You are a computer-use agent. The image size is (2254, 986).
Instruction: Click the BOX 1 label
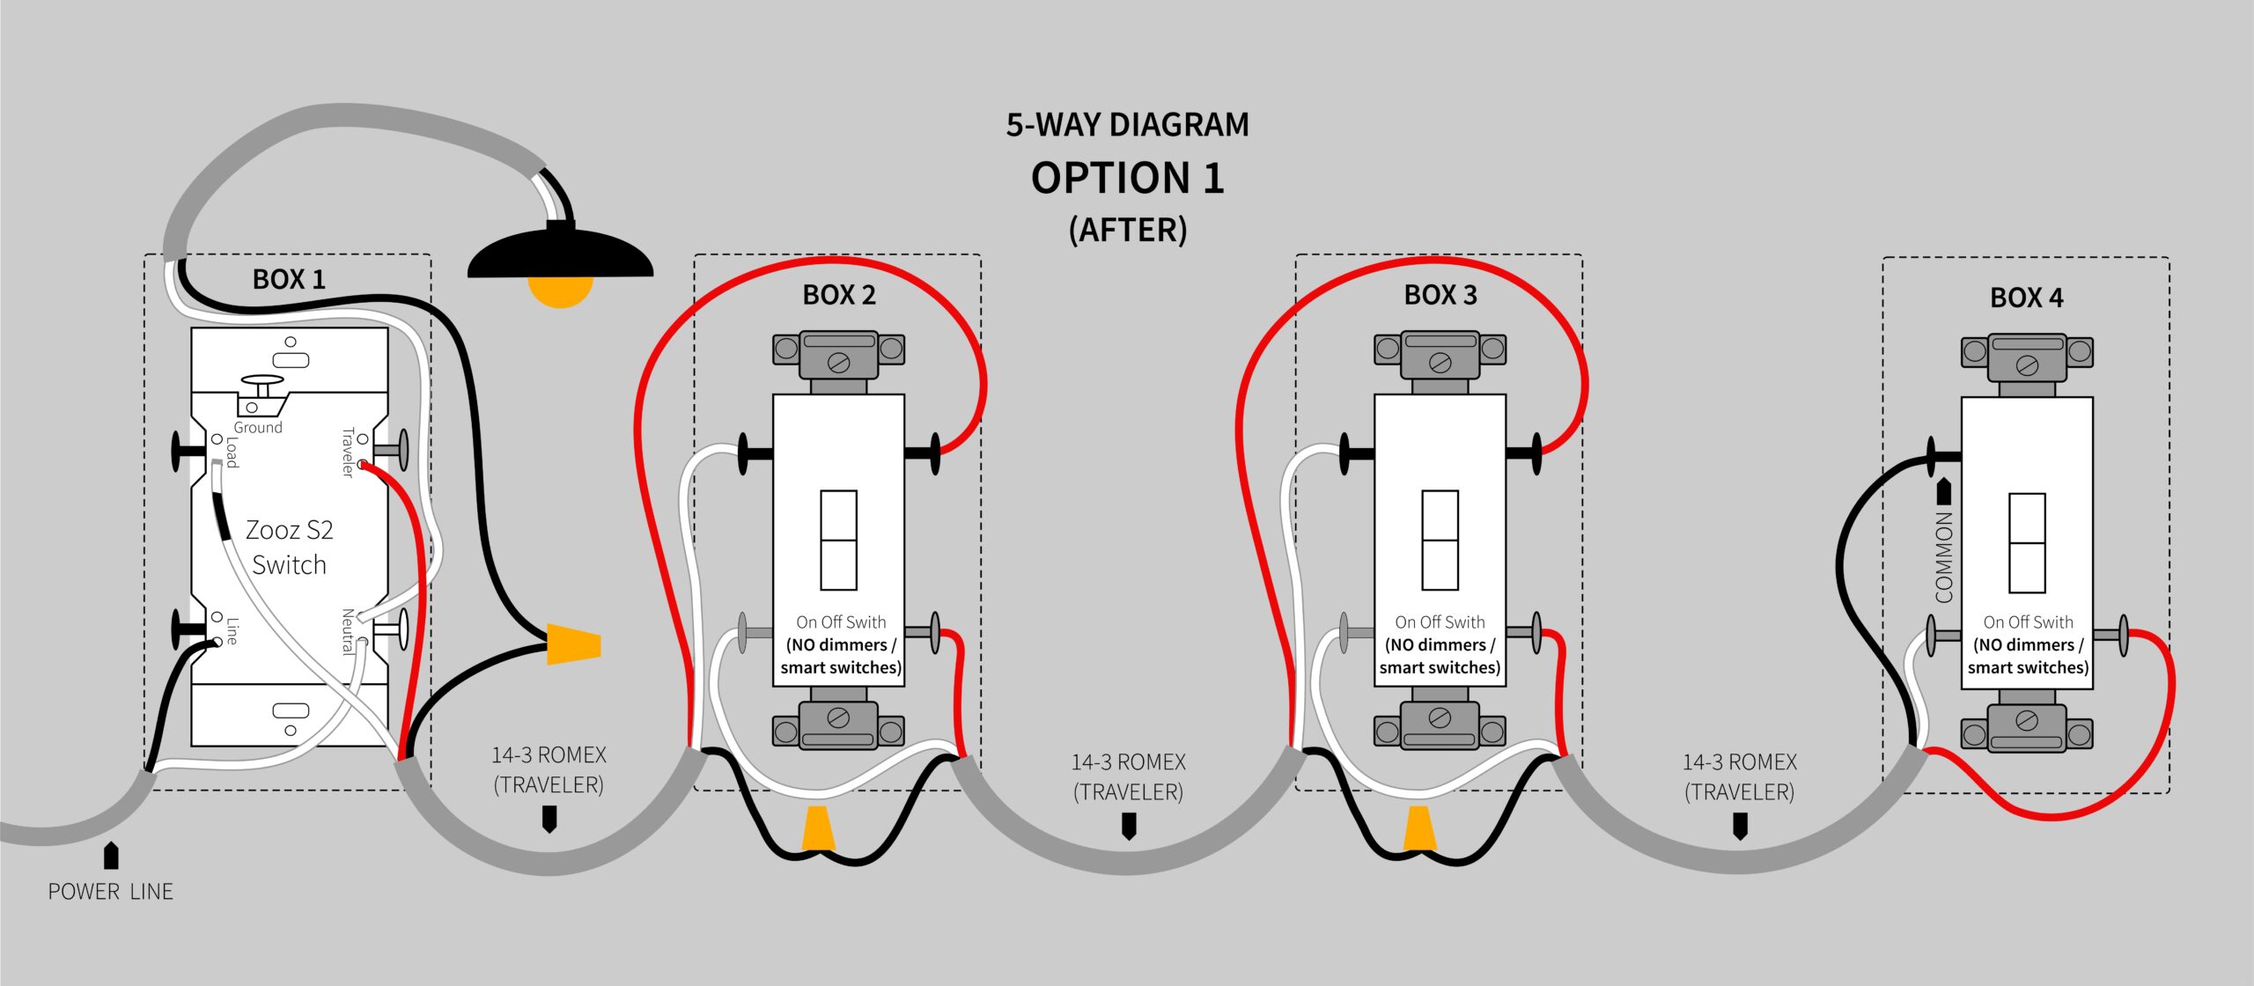(x=289, y=280)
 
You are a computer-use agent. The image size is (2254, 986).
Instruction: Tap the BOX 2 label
(x=838, y=295)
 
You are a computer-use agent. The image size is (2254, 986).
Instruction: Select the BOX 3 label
(x=1440, y=295)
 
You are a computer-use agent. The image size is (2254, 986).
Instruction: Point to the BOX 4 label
(x=2026, y=298)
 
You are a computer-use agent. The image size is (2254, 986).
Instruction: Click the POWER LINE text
(x=110, y=892)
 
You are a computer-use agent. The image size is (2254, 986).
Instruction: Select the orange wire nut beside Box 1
(x=573, y=644)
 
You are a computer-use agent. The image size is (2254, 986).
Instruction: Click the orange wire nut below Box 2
(x=818, y=828)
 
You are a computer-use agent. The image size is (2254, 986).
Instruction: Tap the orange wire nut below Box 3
(x=1418, y=828)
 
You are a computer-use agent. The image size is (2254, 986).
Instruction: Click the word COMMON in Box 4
(x=1944, y=557)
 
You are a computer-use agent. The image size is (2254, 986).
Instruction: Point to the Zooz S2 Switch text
(x=289, y=547)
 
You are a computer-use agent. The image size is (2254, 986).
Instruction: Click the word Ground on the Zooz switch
(x=258, y=428)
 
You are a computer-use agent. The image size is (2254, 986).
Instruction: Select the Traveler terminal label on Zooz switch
(x=348, y=453)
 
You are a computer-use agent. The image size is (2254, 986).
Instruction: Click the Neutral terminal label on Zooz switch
(x=348, y=631)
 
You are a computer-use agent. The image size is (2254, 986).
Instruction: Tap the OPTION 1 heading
(x=1127, y=179)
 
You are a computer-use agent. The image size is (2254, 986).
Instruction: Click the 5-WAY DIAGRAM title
(x=1127, y=125)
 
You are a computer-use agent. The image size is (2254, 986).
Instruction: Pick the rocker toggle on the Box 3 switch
(x=1440, y=540)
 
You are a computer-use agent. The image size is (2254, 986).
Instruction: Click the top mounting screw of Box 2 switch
(x=838, y=361)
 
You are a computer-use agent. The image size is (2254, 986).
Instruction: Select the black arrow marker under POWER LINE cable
(x=111, y=855)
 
